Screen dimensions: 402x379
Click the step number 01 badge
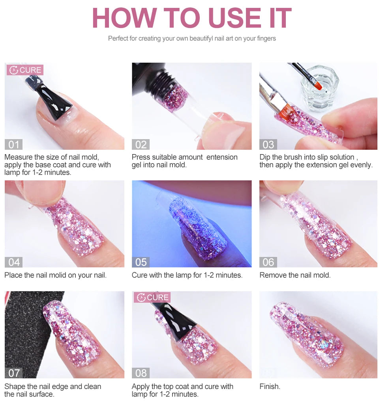tap(14, 145)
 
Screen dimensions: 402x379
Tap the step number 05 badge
tap(141, 262)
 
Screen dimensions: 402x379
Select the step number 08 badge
tap(141, 373)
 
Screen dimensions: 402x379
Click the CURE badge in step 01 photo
tap(25, 70)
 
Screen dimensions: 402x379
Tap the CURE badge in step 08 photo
tap(152, 298)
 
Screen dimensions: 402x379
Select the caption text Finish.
tap(270, 387)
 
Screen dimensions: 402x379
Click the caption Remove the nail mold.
tap(295, 275)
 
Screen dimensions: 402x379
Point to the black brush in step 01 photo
tap(53, 99)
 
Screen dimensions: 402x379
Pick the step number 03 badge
tap(268, 145)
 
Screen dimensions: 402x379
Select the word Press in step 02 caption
tap(141, 157)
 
